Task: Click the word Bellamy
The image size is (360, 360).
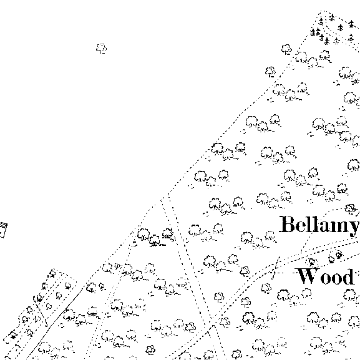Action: click(x=319, y=225)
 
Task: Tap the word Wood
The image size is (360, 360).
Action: click(x=325, y=276)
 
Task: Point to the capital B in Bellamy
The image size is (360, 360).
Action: click(x=288, y=224)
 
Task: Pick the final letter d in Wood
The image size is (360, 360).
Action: click(x=348, y=276)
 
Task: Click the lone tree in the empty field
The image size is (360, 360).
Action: click(x=102, y=49)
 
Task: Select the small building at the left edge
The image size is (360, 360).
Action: click(x=3, y=230)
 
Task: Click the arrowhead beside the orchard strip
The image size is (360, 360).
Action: click(x=46, y=324)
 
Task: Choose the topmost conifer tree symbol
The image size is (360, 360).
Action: click(x=332, y=17)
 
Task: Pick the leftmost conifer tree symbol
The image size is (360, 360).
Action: click(x=313, y=32)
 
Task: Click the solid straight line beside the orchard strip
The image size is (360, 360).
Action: click(x=55, y=323)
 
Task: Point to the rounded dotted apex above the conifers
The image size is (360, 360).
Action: click(x=324, y=11)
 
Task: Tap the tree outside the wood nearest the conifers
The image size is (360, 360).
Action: click(x=286, y=49)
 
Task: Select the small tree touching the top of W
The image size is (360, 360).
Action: click(x=311, y=263)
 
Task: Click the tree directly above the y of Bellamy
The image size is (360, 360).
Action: click(x=351, y=208)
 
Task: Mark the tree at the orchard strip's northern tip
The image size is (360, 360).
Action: click(x=52, y=273)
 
